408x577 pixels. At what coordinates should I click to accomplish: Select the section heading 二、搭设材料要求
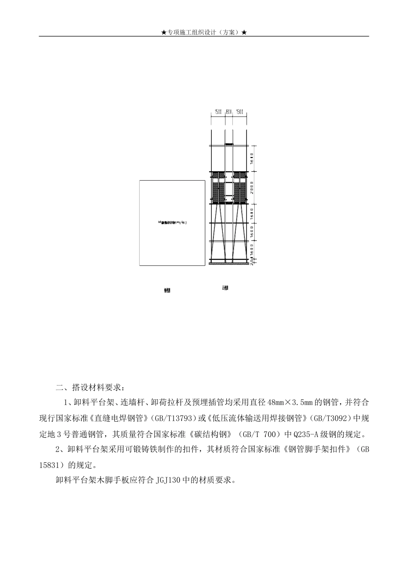(x=89, y=387)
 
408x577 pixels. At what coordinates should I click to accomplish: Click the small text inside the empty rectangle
(x=172, y=222)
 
